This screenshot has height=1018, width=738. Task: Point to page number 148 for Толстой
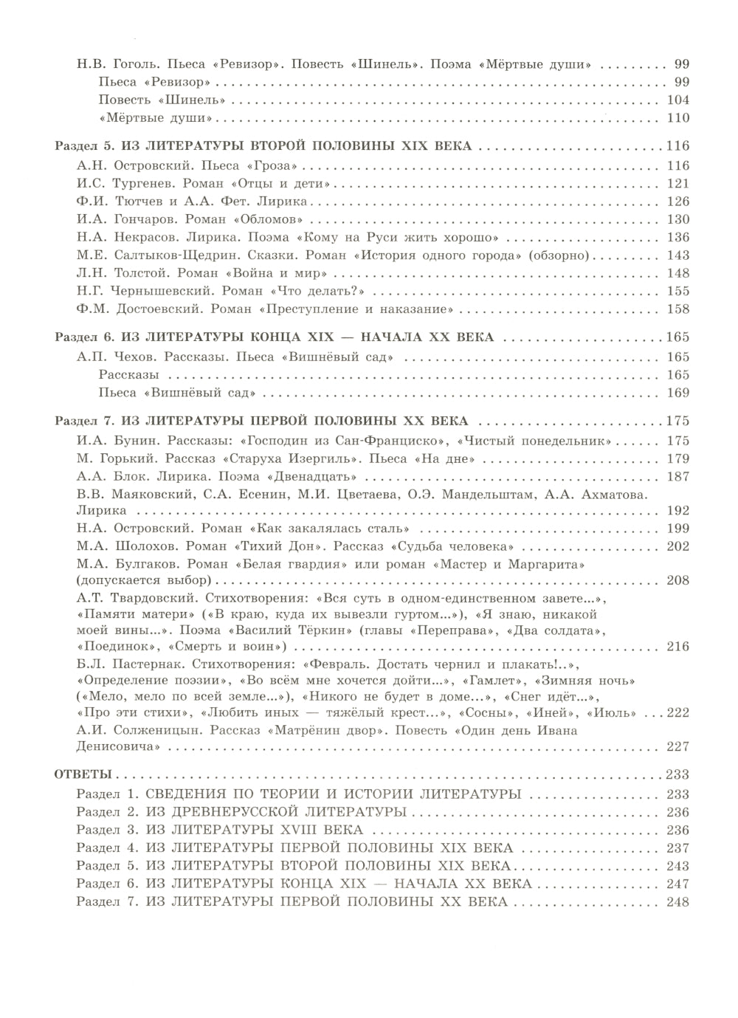pos(677,273)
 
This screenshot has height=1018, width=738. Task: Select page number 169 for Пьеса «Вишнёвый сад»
pos(677,393)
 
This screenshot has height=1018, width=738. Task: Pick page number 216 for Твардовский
pos(677,647)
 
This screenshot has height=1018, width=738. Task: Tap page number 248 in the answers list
pos(677,902)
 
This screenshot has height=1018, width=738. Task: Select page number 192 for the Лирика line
pos(677,511)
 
